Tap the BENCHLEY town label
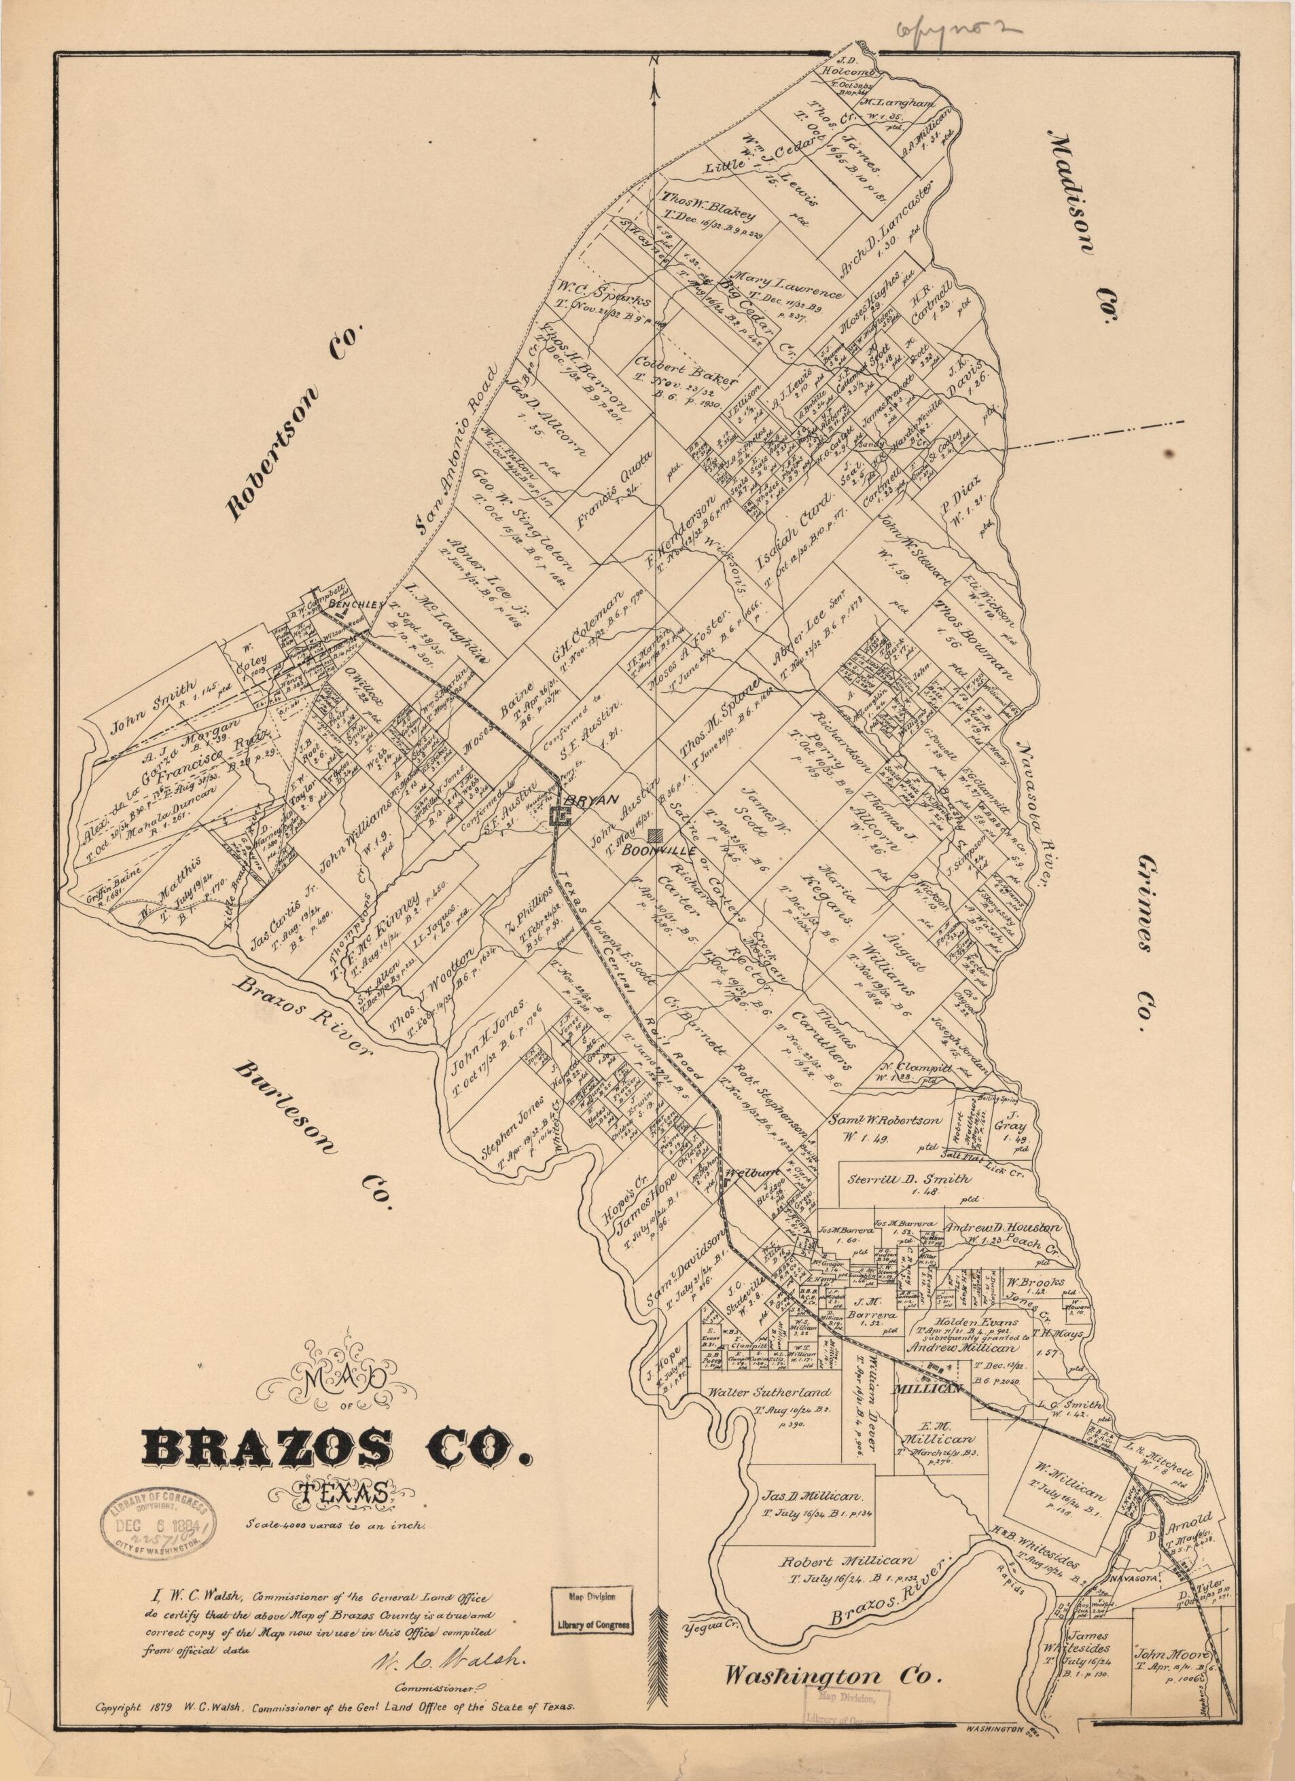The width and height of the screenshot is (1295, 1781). point(353,605)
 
